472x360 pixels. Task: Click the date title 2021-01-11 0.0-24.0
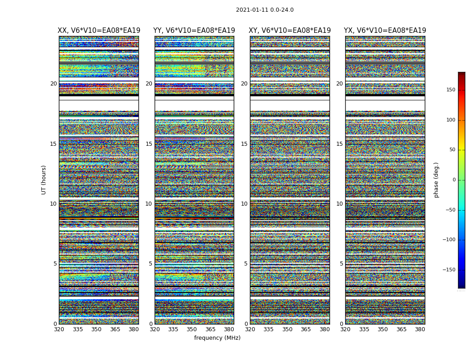click(265, 10)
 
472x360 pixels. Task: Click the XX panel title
click(99, 31)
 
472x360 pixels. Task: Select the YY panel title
click(194, 31)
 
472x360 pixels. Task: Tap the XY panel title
click(290, 31)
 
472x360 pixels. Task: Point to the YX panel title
click(385, 31)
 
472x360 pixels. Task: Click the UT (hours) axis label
click(44, 180)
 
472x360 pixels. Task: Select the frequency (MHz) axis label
click(217, 338)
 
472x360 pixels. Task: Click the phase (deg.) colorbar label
click(436, 180)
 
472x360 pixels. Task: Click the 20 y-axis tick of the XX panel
click(53, 84)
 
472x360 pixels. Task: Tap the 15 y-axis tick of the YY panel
click(149, 144)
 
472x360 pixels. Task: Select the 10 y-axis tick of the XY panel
click(244, 204)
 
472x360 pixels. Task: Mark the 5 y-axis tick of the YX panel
click(341, 264)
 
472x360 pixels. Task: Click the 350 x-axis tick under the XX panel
click(97, 329)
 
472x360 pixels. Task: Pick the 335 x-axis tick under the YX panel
click(364, 329)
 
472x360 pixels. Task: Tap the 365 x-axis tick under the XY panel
click(306, 329)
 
